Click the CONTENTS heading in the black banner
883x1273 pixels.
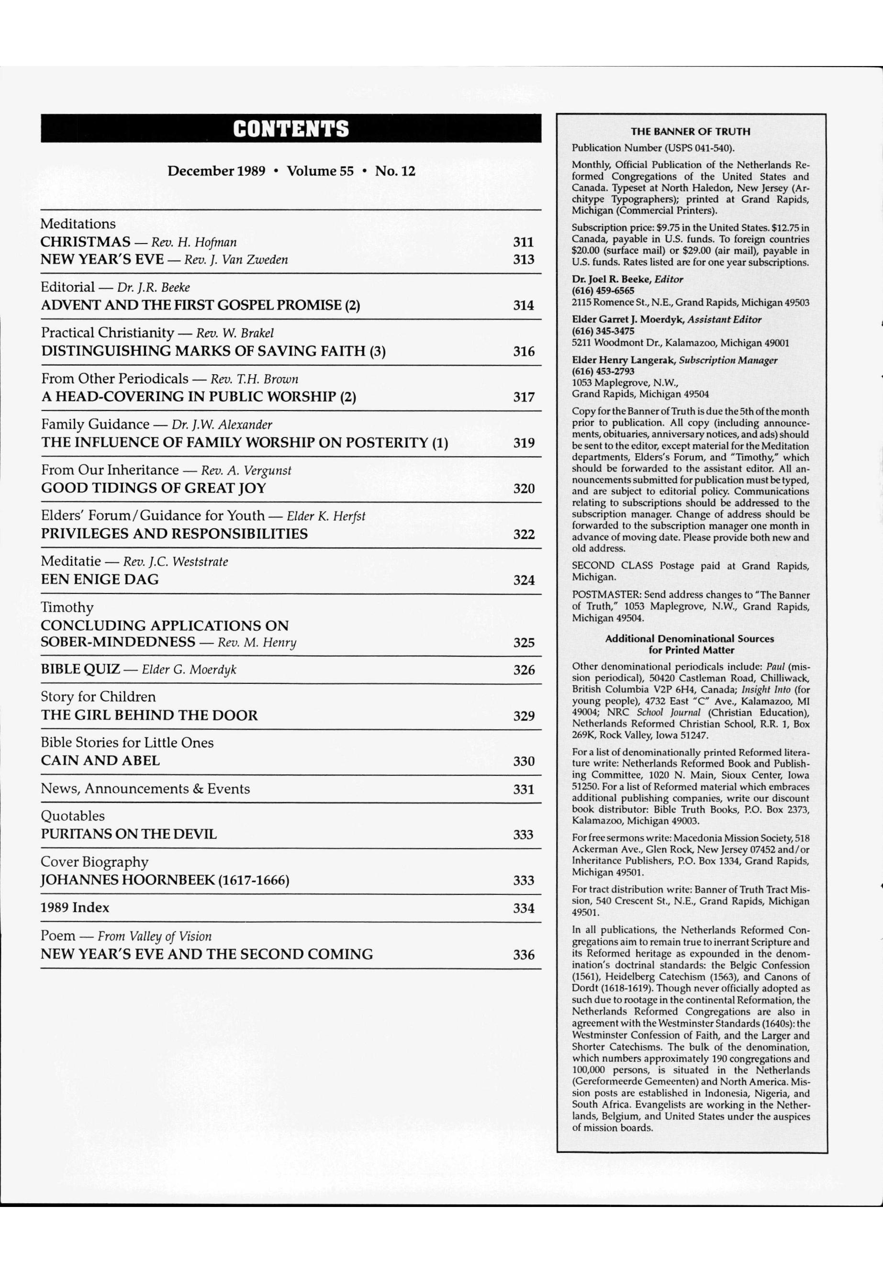click(291, 129)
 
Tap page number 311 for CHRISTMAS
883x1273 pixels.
click(524, 242)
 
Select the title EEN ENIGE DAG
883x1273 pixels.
click(100, 579)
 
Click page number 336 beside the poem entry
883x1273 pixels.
click(524, 954)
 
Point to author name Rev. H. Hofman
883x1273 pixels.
click(194, 242)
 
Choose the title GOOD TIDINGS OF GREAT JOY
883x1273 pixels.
click(153, 488)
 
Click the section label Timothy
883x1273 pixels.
click(67, 607)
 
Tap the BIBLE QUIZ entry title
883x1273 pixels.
click(80, 670)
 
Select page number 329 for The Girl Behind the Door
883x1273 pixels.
click(524, 716)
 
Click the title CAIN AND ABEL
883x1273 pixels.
click(100, 761)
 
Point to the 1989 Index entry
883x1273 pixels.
click(75, 907)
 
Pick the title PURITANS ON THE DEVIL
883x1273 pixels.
click(128, 834)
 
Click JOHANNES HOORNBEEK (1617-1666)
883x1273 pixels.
click(165, 880)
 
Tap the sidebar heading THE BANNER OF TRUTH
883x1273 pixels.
click(691, 132)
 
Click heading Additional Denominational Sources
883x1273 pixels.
click(689, 638)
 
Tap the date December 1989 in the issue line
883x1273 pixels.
click(216, 171)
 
